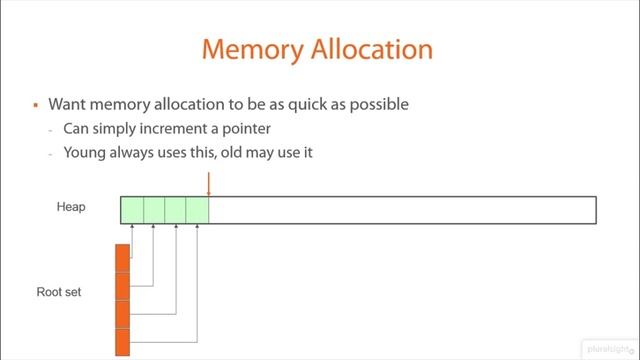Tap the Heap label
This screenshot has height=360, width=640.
click(71, 207)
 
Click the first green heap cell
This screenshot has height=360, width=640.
click(132, 210)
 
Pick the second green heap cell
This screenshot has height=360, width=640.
click(154, 210)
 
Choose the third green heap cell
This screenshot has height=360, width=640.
click(176, 210)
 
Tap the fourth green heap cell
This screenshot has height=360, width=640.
click(197, 210)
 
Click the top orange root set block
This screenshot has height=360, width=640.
click(122, 258)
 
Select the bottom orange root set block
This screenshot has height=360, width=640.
click(122, 342)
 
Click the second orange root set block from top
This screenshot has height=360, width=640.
click(122, 286)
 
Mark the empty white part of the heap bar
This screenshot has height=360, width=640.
click(400, 210)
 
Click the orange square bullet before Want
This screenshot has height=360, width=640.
click(35, 105)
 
